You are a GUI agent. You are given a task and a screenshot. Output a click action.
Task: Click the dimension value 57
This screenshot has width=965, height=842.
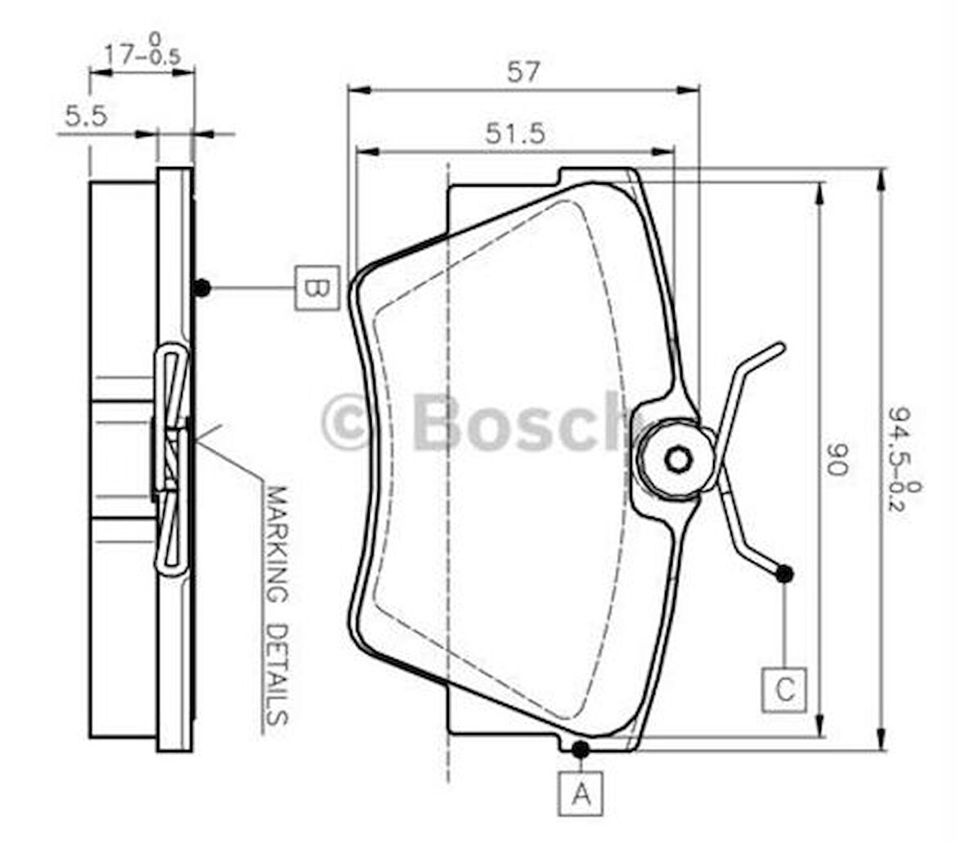(523, 72)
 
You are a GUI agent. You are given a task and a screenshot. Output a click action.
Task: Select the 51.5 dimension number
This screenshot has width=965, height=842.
(514, 133)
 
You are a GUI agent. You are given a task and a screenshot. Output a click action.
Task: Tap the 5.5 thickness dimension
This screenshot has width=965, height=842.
(86, 116)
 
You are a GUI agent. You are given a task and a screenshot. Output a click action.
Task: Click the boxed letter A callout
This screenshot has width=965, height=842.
(581, 793)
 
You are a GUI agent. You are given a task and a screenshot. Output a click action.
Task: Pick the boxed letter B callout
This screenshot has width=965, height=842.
(316, 287)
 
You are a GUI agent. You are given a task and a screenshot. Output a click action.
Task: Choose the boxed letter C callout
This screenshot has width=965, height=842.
(784, 689)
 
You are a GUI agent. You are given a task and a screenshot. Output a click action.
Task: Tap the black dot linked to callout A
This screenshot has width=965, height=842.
(581, 748)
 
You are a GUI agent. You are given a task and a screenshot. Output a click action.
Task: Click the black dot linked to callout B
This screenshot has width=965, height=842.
(202, 287)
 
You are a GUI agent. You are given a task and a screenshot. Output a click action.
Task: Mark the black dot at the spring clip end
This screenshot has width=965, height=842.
(784, 574)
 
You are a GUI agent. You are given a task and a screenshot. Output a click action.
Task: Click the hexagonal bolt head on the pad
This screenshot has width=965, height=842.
(678, 458)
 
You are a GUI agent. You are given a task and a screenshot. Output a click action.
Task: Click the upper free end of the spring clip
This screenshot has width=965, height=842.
(779, 348)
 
